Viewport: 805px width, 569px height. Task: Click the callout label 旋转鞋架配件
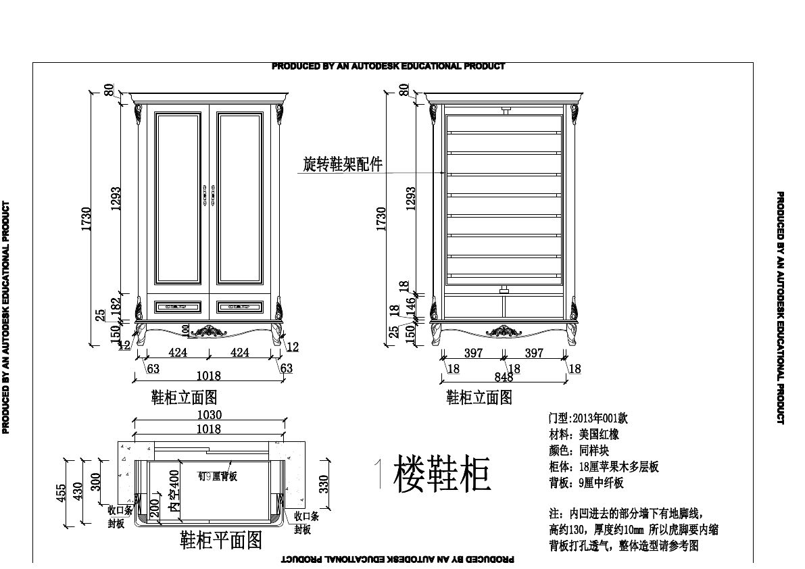tap(342, 164)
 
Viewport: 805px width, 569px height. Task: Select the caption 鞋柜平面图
tap(220, 540)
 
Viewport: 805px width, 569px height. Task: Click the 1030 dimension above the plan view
tap(208, 415)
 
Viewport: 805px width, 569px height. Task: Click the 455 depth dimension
tap(62, 494)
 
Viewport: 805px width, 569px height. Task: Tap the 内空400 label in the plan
tap(174, 495)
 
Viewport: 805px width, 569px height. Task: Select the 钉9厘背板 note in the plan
tap(217, 476)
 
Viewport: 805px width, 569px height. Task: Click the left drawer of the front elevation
tap(178, 307)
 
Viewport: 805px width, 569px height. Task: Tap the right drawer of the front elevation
tap(240, 307)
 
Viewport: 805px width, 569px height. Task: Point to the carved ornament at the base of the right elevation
tap(504, 330)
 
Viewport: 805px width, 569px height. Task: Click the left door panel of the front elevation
tap(178, 197)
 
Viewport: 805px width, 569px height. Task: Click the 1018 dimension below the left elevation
tap(208, 376)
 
